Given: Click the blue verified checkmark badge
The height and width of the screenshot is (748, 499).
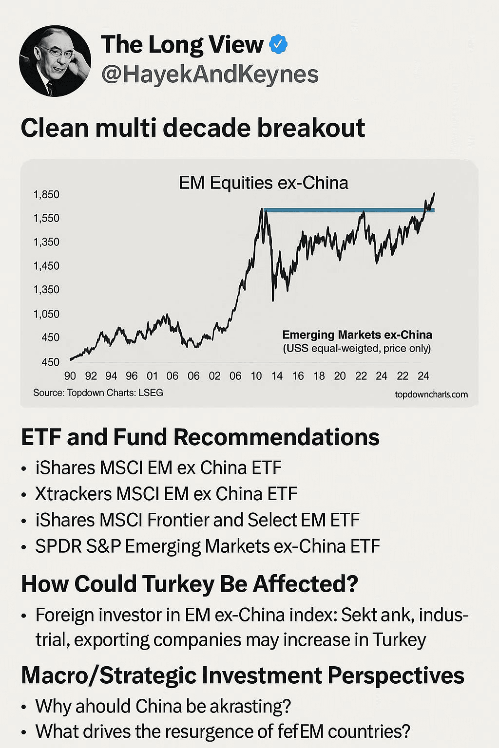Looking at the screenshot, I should [x=278, y=44].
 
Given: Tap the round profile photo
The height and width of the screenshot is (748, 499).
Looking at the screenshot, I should [x=55, y=61].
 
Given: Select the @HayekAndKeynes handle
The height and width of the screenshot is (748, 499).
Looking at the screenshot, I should [x=210, y=75].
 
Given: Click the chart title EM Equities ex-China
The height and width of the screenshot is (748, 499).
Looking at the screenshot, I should [x=263, y=183].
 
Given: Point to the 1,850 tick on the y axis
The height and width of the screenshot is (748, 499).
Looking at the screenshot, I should [x=46, y=195].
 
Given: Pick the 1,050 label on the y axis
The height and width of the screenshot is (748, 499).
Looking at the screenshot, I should [x=46, y=314].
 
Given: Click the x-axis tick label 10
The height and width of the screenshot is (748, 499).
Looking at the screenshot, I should [x=256, y=376].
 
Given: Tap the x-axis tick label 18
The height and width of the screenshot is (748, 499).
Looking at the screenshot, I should [x=319, y=376].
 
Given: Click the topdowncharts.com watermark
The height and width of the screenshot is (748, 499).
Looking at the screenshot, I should [x=431, y=394].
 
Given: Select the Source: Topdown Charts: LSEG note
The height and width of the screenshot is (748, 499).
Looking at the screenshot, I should [x=98, y=393].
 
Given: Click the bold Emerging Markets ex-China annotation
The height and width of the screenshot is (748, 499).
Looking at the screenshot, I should [x=357, y=335].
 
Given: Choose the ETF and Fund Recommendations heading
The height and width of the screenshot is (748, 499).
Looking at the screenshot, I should [x=200, y=437].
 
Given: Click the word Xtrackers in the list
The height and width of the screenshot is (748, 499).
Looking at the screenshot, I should [x=74, y=494].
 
